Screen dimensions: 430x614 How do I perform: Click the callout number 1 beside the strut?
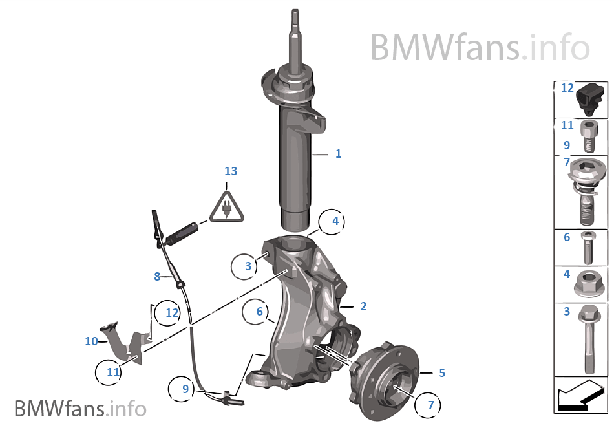(x=338, y=154)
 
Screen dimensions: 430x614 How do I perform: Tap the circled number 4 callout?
(x=335, y=221)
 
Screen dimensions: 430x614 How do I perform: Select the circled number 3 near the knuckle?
(x=248, y=266)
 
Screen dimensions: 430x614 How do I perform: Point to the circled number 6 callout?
(x=259, y=312)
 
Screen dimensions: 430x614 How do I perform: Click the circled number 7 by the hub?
(x=430, y=405)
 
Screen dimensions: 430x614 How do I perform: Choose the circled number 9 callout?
(x=185, y=389)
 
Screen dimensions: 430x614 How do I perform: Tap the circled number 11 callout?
(x=114, y=372)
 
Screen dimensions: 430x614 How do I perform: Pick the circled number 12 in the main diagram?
(x=171, y=312)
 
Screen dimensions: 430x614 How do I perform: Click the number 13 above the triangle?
(x=231, y=171)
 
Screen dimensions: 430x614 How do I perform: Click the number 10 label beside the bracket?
(x=91, y=341)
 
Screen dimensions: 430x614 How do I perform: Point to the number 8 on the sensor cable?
(x=157, y=277)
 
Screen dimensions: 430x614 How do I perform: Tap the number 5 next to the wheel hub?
(x=441, y=372)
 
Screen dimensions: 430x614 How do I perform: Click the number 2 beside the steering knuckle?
(x=363, y=306)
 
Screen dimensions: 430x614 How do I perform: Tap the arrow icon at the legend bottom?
(x=580, y=395)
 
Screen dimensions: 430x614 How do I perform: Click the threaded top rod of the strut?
(x=295, y=39)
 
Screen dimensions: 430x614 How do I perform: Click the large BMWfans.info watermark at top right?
(x=480, y=47)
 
